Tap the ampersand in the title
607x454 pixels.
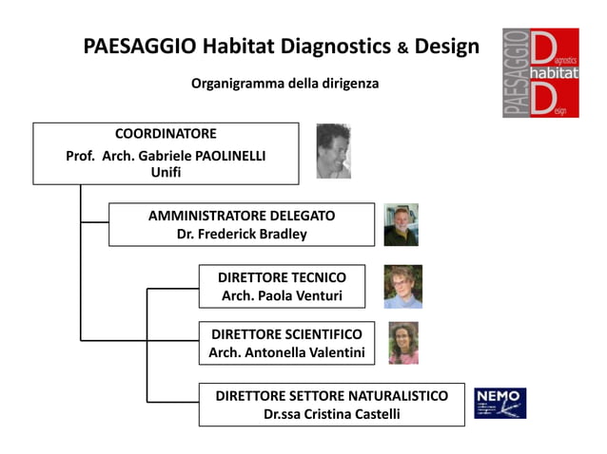(403, 48)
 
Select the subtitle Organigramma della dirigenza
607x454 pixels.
(284, 84)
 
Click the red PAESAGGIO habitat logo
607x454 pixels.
(540, 73)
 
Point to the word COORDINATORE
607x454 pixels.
(166, 134)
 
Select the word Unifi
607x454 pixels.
(166, 173)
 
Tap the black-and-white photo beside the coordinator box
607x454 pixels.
(333, 151)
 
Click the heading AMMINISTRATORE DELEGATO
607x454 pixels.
(242, 216)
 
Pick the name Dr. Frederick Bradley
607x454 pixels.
(242, 234)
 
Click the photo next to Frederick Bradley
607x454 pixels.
(401, 225)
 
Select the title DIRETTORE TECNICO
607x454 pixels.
(282, 277)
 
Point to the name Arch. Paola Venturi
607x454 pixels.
(282, 296)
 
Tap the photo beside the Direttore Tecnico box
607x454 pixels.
(402, 287)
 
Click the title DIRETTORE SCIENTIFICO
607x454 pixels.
(286, 334)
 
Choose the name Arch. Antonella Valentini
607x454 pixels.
(286, 353)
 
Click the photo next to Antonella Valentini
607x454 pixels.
(402, 343)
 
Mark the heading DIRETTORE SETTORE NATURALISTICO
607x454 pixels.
(331, 395)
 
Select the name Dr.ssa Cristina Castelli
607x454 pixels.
(331, 414)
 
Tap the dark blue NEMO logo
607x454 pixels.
(499, 403)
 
